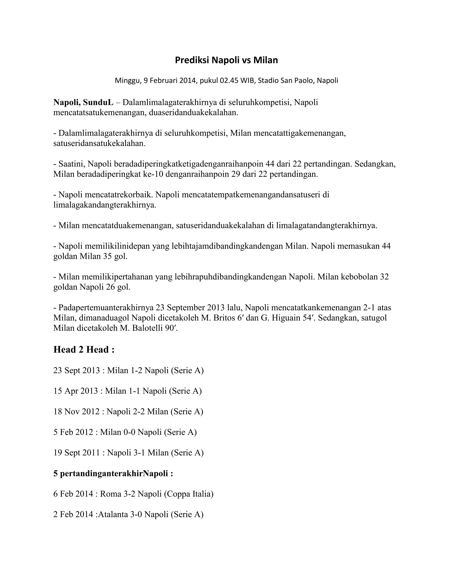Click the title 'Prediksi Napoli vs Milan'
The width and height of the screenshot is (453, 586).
point(226,60)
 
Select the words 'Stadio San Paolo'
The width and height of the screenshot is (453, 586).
point(286,80)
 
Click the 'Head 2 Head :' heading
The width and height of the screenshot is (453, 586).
point(84,349)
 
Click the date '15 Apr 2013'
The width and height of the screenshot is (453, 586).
point(75,391)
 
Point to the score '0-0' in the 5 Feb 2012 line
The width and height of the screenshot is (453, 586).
point(129,432)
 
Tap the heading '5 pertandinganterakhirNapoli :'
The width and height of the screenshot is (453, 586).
point(113,474)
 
